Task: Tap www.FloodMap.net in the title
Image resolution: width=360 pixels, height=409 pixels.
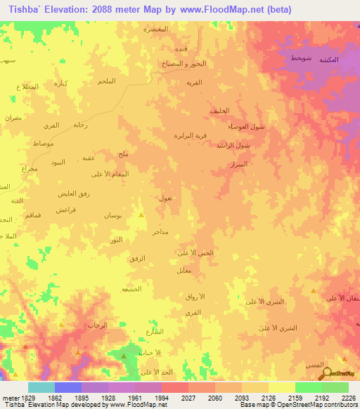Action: pyautogui.click(x=218, y=9)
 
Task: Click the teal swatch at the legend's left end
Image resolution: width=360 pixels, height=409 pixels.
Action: pyautogui.click(x=41, y=387)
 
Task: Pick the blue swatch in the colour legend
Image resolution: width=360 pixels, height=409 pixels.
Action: pyautogui.click(x=68, y=387)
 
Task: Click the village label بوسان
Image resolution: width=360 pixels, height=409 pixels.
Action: pyautogui.click(x=112, y=215)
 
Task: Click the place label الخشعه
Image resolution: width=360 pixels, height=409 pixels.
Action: pyautogui.click(x=131, y=289)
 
